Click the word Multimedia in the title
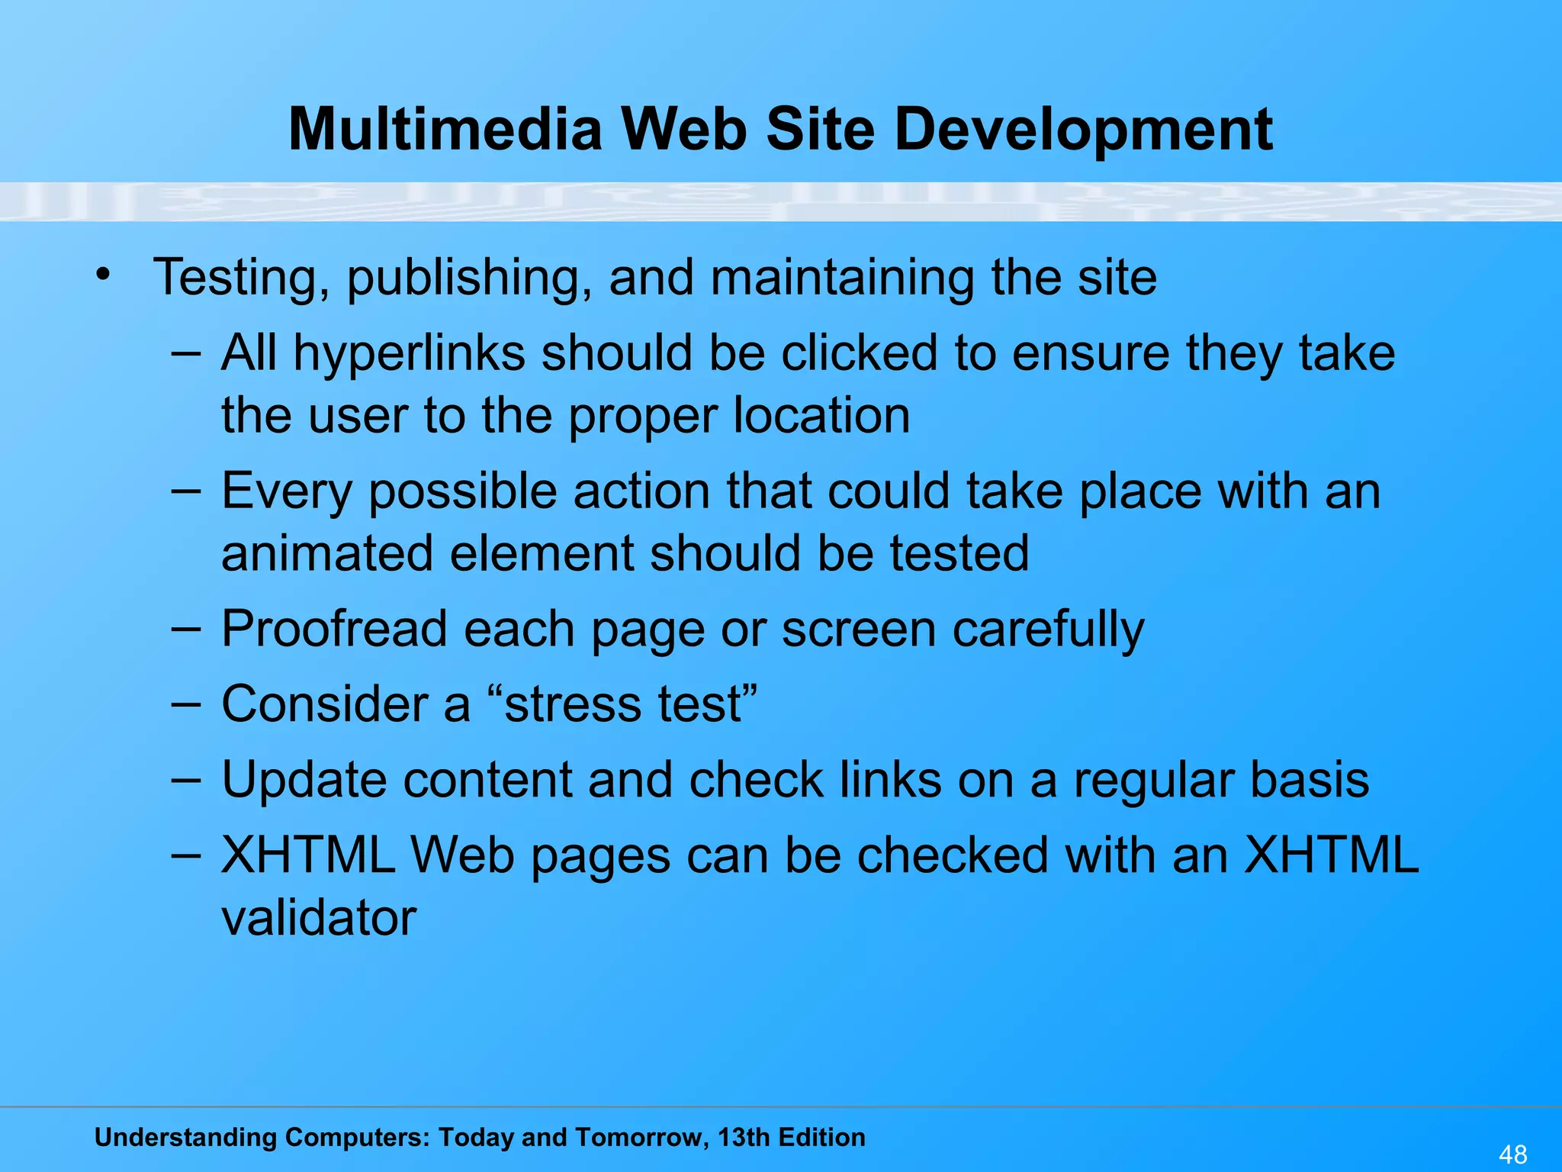445,129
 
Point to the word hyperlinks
409,354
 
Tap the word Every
287,492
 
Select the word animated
327,553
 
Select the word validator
319,918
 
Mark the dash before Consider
186,704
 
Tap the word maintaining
842,278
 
